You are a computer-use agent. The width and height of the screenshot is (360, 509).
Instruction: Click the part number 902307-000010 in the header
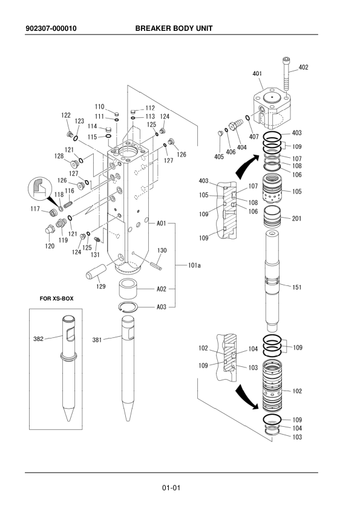click(x=51, y=28)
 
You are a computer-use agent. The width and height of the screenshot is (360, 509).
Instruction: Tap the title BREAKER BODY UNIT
click(x=174, y=28)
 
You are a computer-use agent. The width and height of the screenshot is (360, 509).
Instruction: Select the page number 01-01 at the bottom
click(x=171, y=488)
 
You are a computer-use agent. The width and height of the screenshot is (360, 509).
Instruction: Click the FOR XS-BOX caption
click(x=56, y=298)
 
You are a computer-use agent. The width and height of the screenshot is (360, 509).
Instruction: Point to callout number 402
click(x=303, y=67)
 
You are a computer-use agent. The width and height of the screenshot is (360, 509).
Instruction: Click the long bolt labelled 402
click(x=286, y=75)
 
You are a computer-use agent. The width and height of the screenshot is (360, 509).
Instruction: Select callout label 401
click(x=257, y=74)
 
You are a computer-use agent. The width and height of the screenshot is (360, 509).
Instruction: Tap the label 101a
click(x=194, y=265)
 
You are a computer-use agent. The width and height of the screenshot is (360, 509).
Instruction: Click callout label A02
click(x=162, y=289)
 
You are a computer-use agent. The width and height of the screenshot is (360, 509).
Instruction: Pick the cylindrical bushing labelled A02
click(x=128, y=289)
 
